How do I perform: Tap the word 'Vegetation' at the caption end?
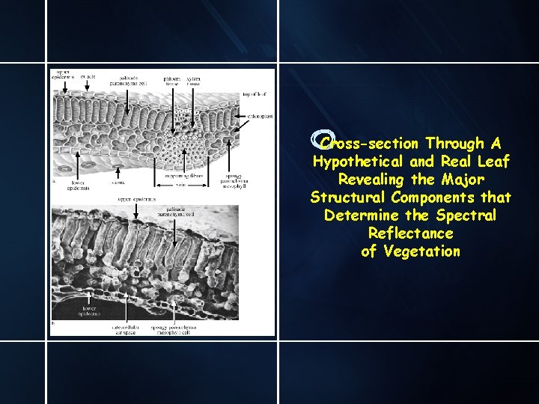pyautogui.click(x=421, y=251)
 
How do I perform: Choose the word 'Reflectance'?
pyautogui.click(x=410, y=233)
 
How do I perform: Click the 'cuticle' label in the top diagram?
pyautogui.click(x=88, y=76)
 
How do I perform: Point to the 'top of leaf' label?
pyautogui.click(x=255, y=94)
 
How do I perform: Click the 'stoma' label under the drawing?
pyautogui.click(x=118, y=181)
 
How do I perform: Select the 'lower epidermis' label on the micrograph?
pyautogui.click(x=88, y=311)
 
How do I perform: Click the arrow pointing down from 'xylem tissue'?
pyautogui.click(x=193, y=94)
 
